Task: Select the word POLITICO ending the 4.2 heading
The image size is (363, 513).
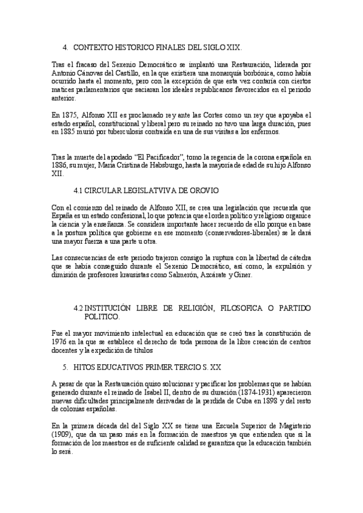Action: [x=102, y=317]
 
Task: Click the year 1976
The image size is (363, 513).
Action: [x=61, y=341]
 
